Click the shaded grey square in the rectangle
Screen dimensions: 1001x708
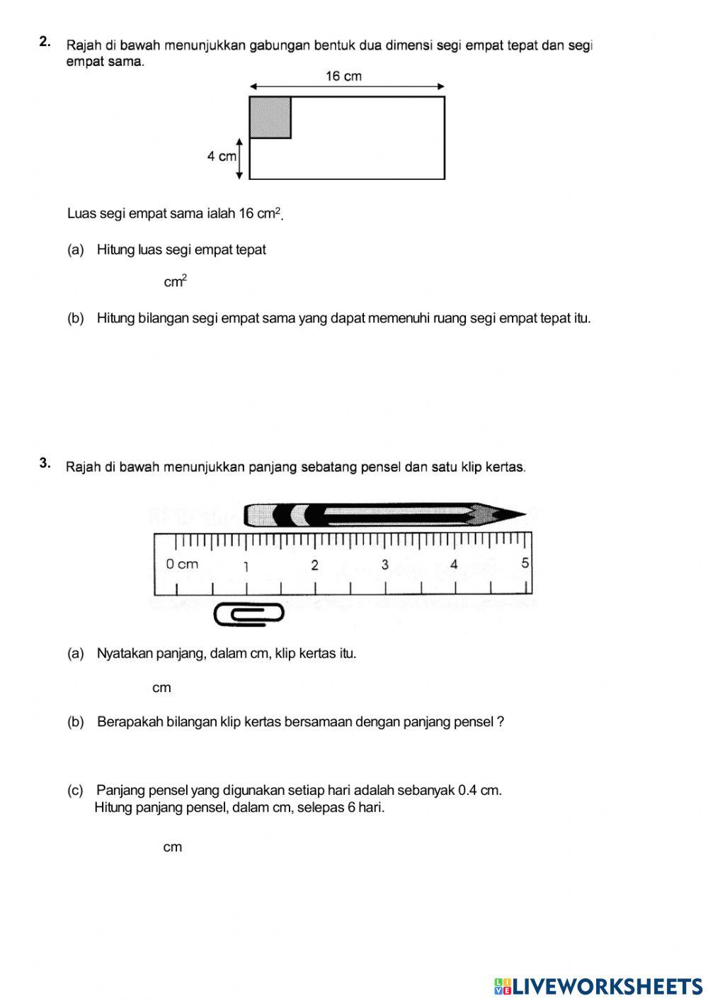[x=270, y=117]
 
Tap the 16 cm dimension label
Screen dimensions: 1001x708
[x=343, y=77]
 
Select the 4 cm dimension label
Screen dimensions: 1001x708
[x=221, y=157]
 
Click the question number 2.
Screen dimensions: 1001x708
[x=45, y=42]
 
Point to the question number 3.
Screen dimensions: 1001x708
[x=45, y=463]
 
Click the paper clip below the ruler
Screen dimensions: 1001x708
[x=249, y=614]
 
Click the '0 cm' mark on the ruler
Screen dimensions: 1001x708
[x=182, y=565]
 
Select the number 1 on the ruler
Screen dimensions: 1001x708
[x=246, y=566]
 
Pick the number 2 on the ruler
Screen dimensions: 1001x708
[x=315, y=565]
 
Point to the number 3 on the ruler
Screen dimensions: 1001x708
[x=385, y=565]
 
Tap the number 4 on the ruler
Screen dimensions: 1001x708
[x=454, y=565]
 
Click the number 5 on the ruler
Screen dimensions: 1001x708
[x=525, y=563]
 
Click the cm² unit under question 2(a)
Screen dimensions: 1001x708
[x=176, y=282]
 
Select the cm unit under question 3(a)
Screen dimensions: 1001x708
[x=161, y=688]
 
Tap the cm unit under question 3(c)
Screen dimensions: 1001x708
[x=173, y=847]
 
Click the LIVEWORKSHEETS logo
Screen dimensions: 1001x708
[x=598, y=986]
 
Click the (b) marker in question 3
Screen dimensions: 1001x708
[x=75, y=722]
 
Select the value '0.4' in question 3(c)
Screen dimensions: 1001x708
[x=468, y=790]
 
